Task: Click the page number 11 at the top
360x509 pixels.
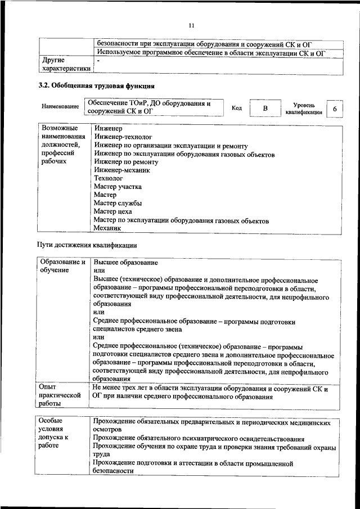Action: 191,25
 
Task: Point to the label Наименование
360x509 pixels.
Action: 60,106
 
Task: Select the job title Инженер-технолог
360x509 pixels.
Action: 123,137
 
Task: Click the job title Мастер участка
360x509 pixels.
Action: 118,186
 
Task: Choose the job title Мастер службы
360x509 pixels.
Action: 118,203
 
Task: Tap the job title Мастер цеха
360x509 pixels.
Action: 112,211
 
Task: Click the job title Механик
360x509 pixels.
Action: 107,228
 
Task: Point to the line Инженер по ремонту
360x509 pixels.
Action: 126,161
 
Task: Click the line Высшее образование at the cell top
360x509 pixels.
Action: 126,263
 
